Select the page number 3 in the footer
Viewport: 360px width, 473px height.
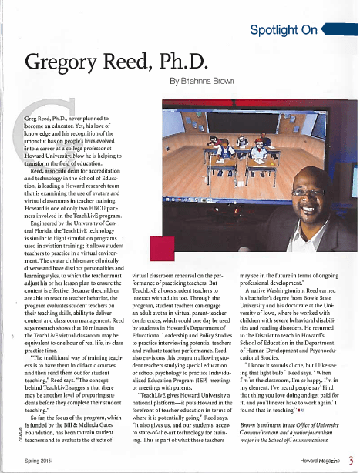tap(349, 460)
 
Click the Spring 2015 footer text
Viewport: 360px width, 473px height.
tap(39, 460)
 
